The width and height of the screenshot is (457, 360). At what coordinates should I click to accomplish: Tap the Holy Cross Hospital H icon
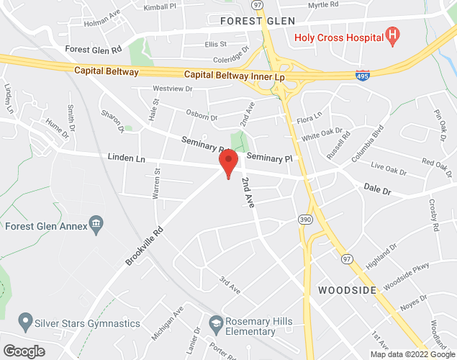(392, 35)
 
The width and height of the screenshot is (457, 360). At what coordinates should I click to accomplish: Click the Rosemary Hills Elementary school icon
(216, 325)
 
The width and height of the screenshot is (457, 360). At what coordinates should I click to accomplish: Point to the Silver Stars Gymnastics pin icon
(26, 319)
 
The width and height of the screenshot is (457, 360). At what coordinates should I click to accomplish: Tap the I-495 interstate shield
(363, 74)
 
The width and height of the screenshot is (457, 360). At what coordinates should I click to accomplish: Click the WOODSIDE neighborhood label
(348, 290)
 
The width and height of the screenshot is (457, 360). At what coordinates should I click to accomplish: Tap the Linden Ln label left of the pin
(126, 156)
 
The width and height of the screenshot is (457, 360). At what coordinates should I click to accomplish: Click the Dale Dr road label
(376, 191)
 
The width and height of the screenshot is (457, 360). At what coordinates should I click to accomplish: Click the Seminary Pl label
(269, 158)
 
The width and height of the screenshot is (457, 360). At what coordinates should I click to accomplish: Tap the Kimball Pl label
(159, 6)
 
